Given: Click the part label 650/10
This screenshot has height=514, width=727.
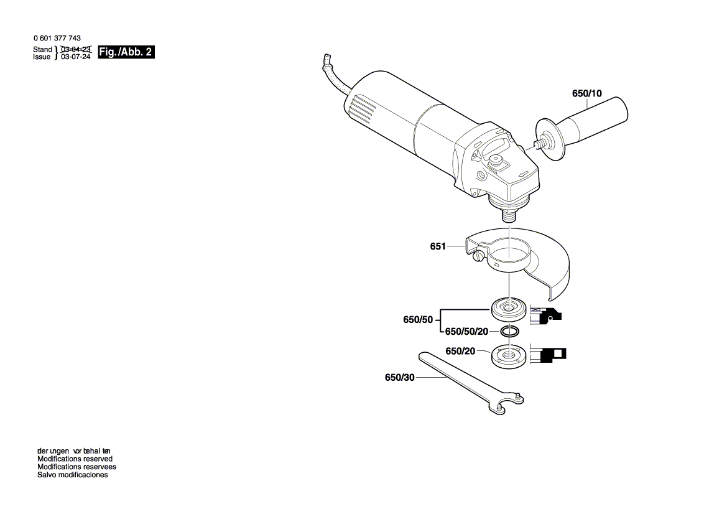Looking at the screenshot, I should tap(586, 94).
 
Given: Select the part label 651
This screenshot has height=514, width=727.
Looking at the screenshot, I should tap(438, 246).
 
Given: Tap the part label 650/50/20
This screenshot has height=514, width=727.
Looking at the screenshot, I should tap(466, 331).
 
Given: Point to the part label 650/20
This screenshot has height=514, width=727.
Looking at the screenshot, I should tap(460, 352).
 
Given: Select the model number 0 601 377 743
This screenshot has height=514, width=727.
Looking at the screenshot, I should tap(57, 39).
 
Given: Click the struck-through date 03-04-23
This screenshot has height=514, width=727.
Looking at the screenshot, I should tap(76, 49).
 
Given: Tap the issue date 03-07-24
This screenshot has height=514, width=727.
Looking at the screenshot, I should tap(76, 57).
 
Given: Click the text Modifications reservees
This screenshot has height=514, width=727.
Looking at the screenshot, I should tap(76, 467).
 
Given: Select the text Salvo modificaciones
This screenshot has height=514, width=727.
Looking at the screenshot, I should tap(72, 475).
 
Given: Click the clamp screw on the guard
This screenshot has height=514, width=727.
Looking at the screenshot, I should tap(478, 255).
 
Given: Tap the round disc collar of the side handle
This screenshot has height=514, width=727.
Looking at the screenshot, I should tap(547, 139).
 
